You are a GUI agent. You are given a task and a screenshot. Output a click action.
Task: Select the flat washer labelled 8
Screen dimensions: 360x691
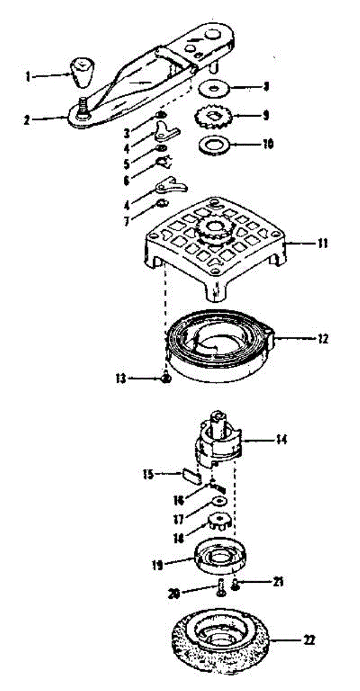(214, 89)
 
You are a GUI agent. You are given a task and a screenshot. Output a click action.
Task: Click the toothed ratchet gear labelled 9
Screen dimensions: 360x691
(217, 119)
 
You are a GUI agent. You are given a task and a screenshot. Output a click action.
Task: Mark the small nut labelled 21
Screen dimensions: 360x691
(236, 584)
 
